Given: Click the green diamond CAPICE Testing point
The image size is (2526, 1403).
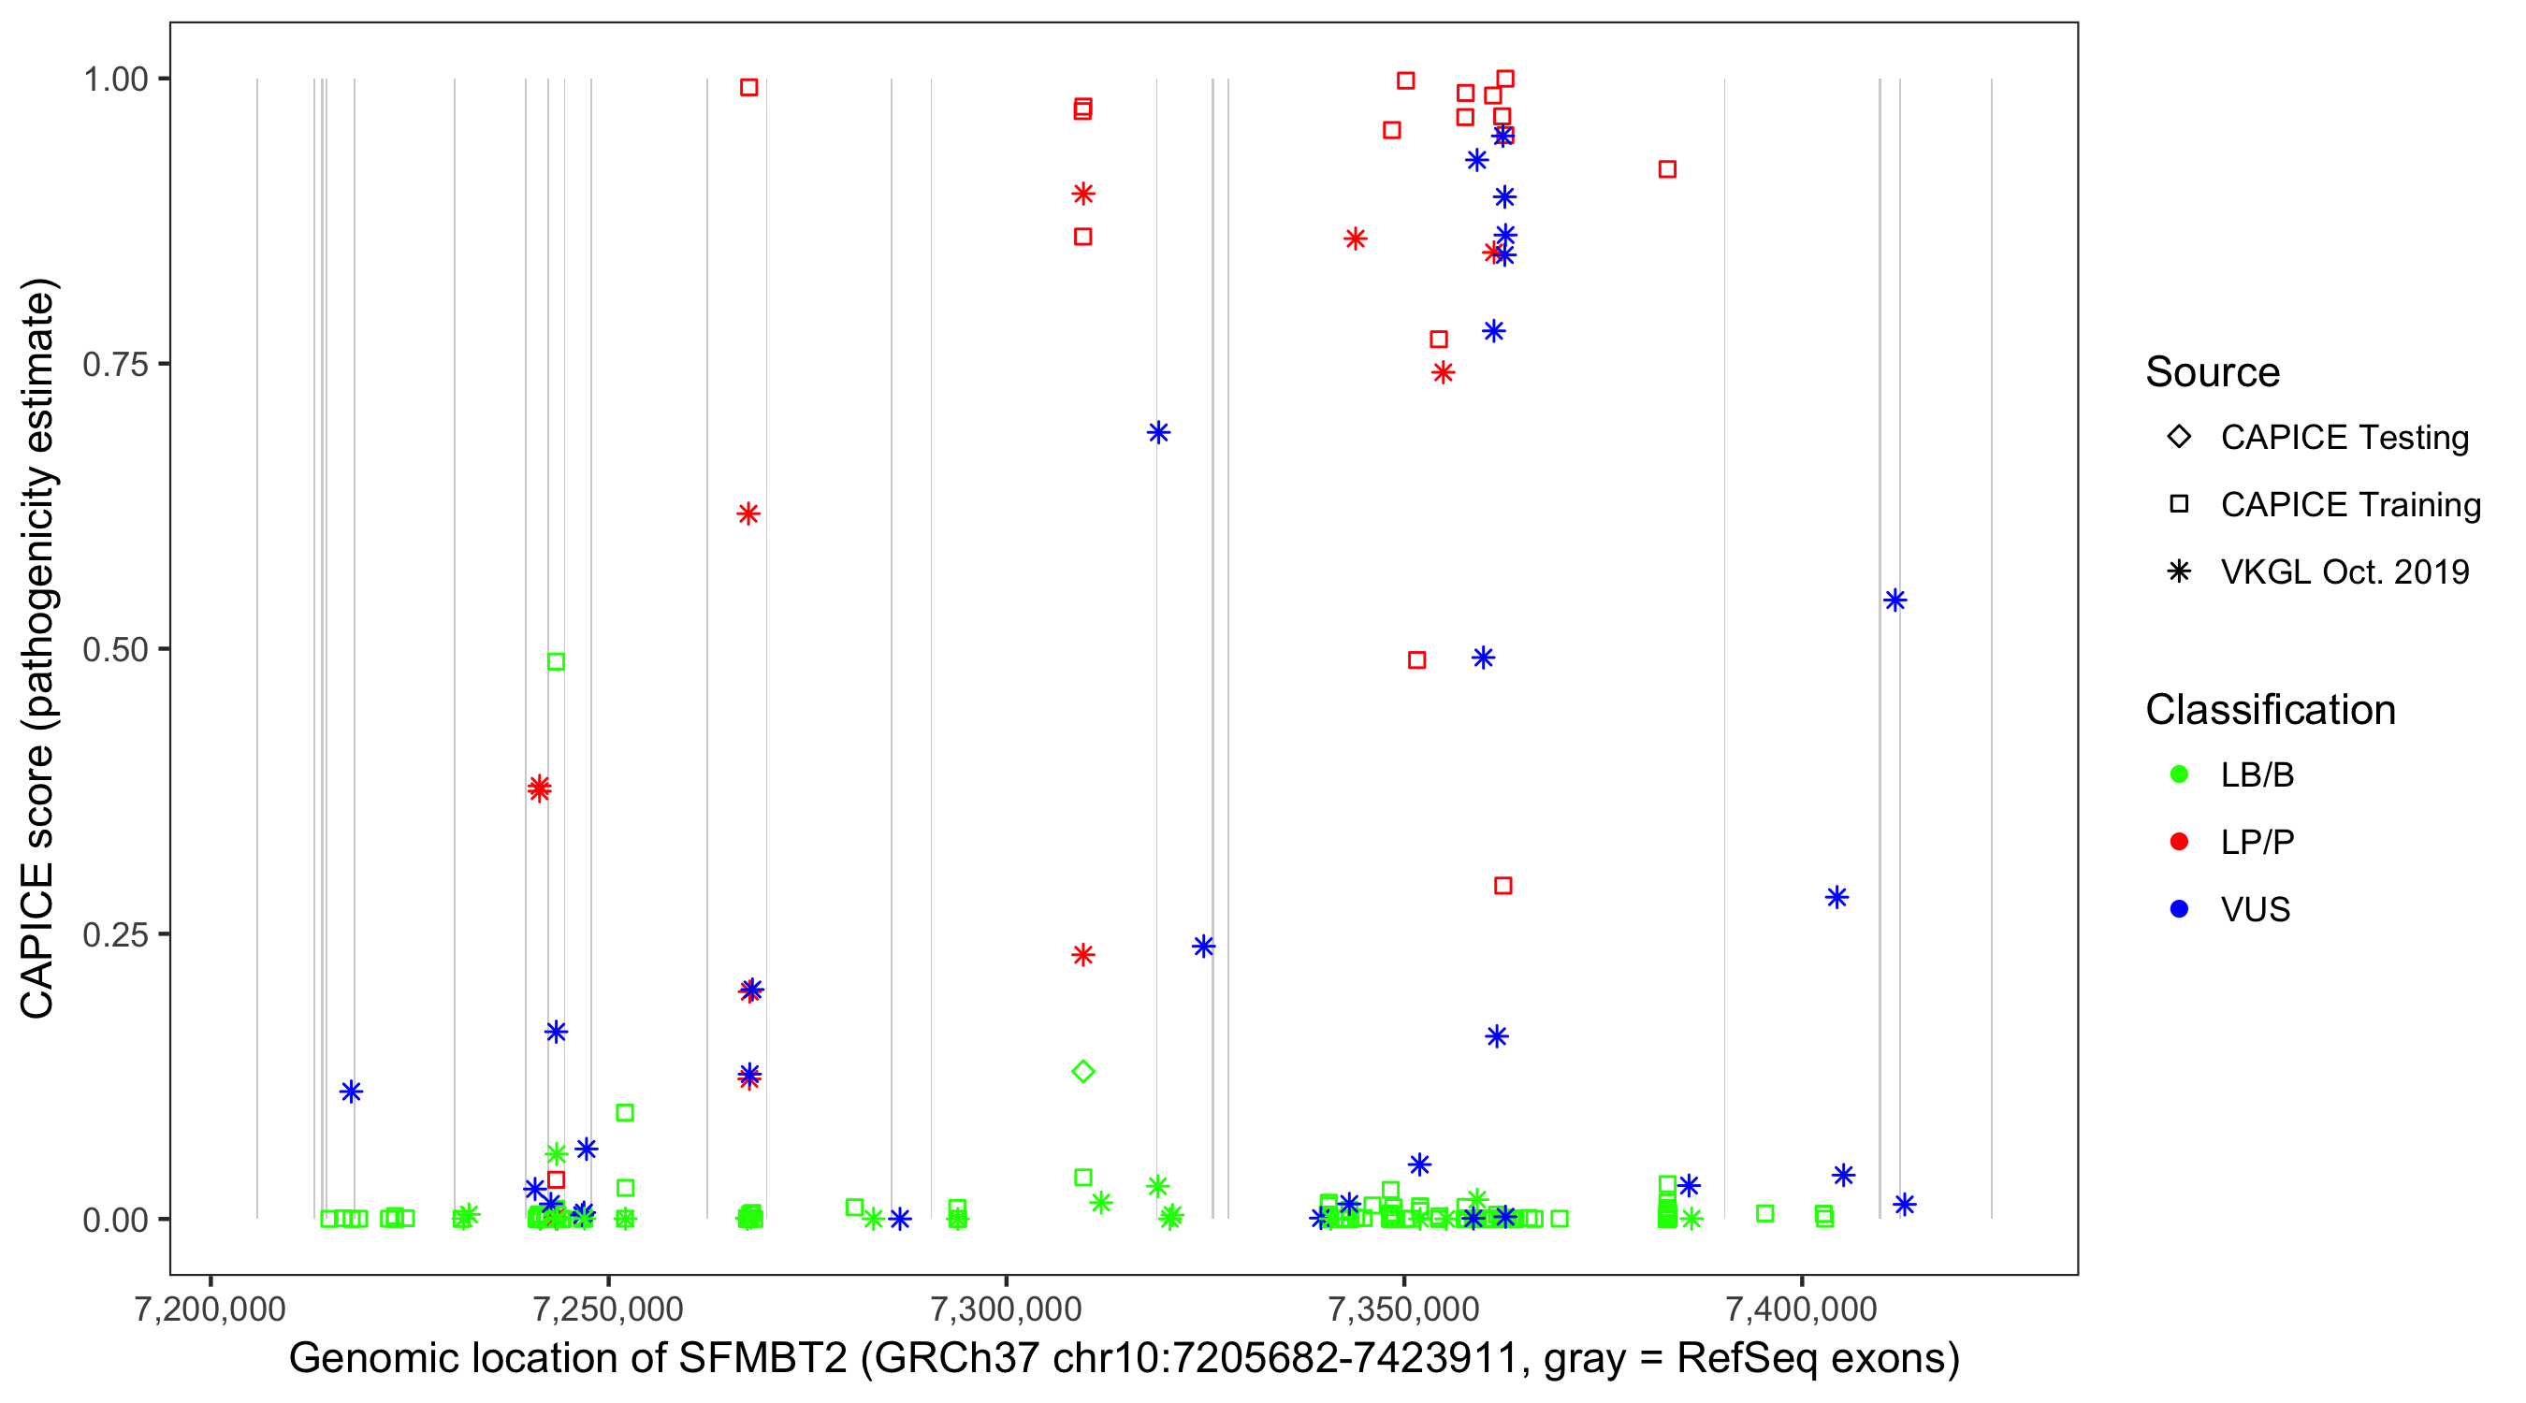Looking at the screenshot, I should click(x=1082, y=1071).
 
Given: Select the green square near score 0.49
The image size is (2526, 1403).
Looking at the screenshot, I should click(x=556, y=662).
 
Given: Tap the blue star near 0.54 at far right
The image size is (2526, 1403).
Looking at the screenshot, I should click(x=1894, y=600).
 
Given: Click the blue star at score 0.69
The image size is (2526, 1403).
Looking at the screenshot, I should click(x=1158, y=432).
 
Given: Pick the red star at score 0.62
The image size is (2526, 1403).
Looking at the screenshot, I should click(x=748, y=513).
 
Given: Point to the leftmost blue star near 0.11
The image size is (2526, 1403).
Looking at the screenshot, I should click(x=351, y=1092).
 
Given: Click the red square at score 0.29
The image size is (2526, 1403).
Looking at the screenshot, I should click(x=1503, y=886).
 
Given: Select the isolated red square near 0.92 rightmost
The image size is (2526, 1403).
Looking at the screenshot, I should click(x=1667, y=169).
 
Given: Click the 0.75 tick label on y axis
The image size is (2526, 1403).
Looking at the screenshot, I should click(x=115, y=365).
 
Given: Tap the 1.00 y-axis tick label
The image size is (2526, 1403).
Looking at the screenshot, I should click(x=115, y=80).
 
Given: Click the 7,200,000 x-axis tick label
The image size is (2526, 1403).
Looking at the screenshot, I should click(x=210, y=1309).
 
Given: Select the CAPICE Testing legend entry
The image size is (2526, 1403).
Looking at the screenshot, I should click(x=2344, y=438).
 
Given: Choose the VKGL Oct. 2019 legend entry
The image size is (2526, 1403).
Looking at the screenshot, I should click(x=2344, y=571).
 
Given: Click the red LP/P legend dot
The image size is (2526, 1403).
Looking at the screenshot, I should click(x=2180, y=842).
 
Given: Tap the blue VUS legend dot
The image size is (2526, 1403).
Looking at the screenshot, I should click(x=2180, y=909).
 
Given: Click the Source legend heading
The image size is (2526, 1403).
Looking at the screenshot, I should click(x=2213, y=372).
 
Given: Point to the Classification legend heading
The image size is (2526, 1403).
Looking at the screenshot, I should click(x=2270, y=710).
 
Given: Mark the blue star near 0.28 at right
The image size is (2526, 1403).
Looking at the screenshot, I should click(x=1836, y=897).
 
